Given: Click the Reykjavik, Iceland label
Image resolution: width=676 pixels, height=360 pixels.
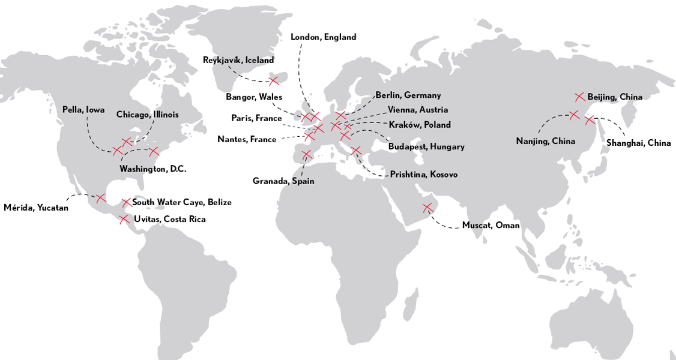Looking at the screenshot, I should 238,60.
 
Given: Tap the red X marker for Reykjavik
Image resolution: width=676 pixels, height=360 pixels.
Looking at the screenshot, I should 274,80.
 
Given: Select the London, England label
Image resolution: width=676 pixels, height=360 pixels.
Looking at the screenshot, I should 323,37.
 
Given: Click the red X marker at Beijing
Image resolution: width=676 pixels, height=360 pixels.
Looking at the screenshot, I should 579,97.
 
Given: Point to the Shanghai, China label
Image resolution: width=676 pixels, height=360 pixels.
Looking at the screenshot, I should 638,143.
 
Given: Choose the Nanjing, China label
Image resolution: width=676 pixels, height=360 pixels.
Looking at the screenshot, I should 545,142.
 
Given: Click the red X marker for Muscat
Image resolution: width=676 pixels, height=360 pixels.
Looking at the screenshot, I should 427,208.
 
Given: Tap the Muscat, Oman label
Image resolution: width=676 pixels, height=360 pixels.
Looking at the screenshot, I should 490,226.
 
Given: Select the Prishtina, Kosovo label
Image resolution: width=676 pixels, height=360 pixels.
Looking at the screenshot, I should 423,175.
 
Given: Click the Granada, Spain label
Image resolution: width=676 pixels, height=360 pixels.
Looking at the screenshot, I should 283,181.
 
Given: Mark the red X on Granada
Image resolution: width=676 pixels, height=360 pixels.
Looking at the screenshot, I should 307,155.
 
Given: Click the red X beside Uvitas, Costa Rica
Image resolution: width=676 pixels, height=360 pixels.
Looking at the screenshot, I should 124,219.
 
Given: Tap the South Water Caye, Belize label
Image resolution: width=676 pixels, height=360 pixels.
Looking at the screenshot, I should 181,203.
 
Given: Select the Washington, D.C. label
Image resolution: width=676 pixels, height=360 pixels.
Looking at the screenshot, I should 152,169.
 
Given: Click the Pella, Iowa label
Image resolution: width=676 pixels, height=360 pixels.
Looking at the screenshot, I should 83,110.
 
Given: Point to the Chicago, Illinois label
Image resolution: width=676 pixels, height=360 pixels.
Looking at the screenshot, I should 147,114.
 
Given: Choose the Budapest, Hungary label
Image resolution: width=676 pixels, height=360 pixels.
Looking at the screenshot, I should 426,146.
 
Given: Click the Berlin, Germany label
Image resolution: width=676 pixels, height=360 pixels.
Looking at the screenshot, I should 408,95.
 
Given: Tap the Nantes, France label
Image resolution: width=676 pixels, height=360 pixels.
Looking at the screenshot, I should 247,140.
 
